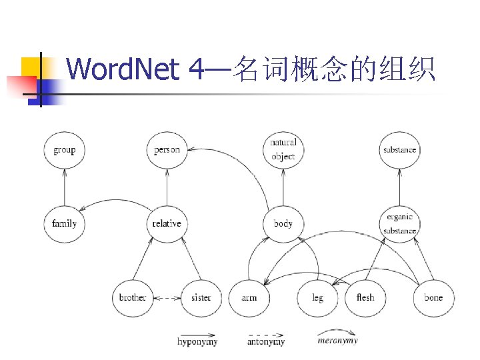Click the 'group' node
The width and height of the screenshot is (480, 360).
coord(65,149)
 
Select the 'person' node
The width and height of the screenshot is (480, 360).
coord(167,149)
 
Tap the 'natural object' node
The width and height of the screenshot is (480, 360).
coord(283,149)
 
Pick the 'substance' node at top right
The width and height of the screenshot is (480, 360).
coord(399,149)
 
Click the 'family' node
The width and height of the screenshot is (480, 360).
coord(65,223)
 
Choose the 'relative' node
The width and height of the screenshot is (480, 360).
coord(167,223)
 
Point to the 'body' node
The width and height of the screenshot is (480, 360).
coord(283,223)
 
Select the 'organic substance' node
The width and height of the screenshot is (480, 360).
coord(399,223)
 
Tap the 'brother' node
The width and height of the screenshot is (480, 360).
coord(132,297)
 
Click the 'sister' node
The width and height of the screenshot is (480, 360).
coord(201,297)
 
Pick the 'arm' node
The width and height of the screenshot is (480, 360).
coord(249,297)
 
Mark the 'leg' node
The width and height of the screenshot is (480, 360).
coord(317,297)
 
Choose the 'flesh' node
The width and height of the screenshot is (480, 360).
coord(365,297)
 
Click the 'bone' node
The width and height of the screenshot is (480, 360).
coord(433,297)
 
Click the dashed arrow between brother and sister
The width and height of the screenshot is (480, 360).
coord(167,297)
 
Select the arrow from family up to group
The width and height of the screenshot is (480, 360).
coord(65,187)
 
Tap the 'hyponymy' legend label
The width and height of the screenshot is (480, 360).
coord(197,342)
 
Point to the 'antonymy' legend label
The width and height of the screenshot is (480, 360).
coord(266,342)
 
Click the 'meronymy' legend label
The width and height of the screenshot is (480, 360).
coord(337,341)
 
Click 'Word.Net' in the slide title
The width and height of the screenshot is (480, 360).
coord(123,69)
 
